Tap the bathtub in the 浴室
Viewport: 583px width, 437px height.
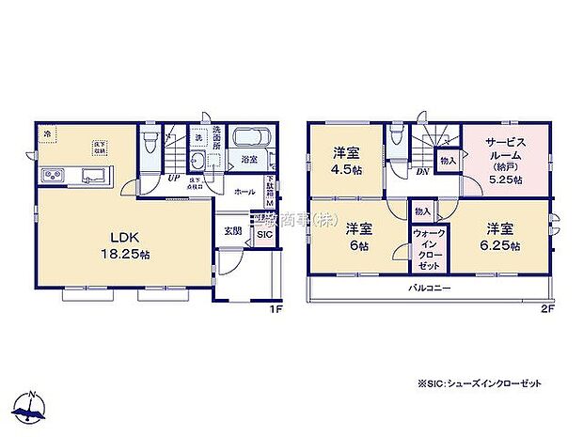coord(250,138)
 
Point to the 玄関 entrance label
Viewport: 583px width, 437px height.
coord(231,230)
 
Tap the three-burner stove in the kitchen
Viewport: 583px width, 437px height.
coord(52,176)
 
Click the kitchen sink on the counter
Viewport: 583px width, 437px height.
coord(94,176)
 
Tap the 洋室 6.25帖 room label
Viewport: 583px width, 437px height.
coord(503,235)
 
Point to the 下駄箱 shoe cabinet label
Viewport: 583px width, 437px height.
coord(271,192)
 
